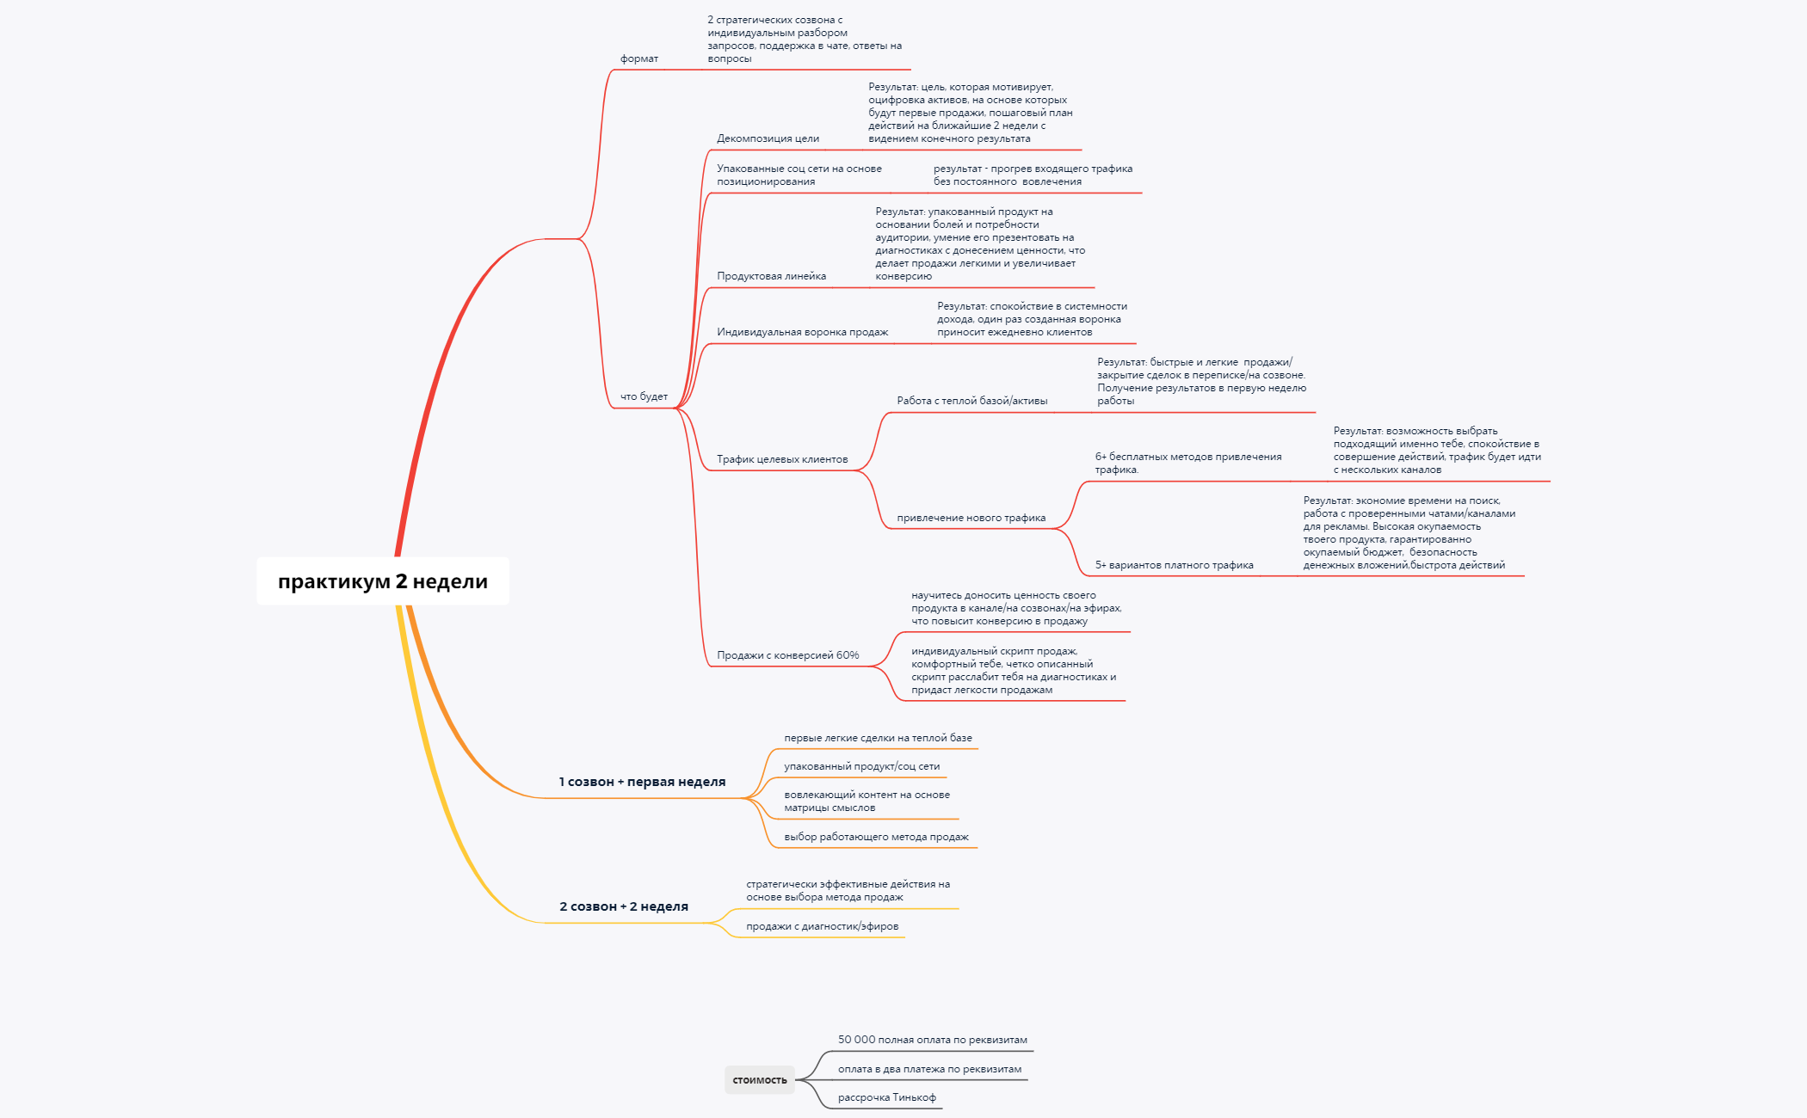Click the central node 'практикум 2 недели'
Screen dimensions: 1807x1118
point(383,581)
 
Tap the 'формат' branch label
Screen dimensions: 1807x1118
point(639,58)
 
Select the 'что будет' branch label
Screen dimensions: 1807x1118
point(644,396)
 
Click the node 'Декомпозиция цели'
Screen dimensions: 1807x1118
point(768,138)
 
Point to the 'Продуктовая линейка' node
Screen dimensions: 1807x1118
point(771,276)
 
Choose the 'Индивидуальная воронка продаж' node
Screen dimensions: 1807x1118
point(802,332)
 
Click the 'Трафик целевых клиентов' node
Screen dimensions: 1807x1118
point(782,459)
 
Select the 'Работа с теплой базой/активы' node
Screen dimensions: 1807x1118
point(972,401)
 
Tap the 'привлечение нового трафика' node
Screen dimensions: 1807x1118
point(971,518)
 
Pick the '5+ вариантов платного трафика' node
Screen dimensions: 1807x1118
point(1174,565)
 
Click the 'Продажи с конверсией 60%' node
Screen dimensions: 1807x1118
point(788,655)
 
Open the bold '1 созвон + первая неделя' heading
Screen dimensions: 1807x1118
point(642,782)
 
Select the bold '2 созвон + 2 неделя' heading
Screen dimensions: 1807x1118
point(624,906)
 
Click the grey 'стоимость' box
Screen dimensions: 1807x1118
point(760,1080)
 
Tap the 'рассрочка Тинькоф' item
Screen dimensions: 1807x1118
point(887,1097)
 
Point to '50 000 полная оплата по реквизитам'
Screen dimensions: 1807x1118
point(933,1040)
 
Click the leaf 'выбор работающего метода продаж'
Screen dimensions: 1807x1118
point(876,837)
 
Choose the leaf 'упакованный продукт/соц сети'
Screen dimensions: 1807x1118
point(861,766)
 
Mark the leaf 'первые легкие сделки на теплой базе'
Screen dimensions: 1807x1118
point(878,738)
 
